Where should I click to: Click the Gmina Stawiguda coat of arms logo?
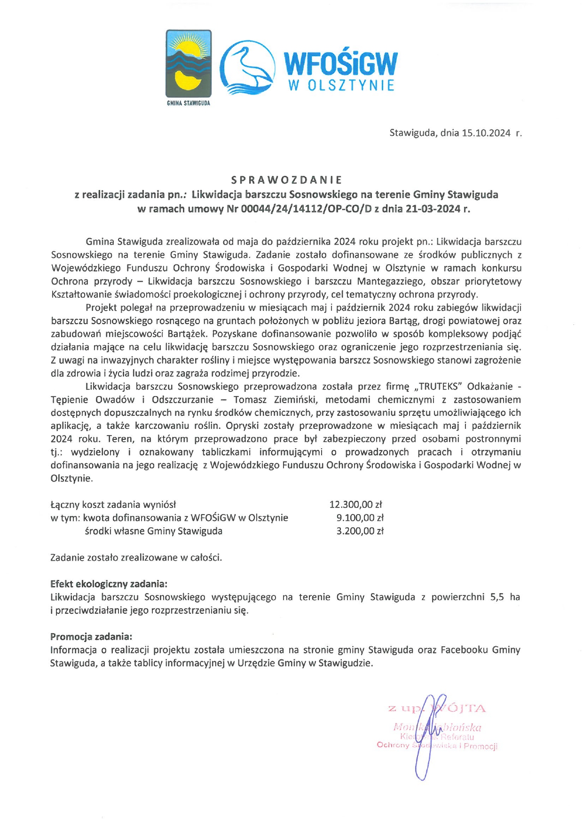[188, 64]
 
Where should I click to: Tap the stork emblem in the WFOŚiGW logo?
[247, 65]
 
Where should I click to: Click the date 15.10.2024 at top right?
[486, 133]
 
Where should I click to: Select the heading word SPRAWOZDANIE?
[287, 180]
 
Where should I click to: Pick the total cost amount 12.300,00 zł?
[356, 505]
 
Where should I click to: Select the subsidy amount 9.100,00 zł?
[360, 518]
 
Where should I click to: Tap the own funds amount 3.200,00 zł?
[360, 531]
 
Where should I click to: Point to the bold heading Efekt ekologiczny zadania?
[109, 584]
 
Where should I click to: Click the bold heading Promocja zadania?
[91, 636]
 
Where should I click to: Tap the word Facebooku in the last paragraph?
[464, 650]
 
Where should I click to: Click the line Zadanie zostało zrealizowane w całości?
[136, 557]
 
